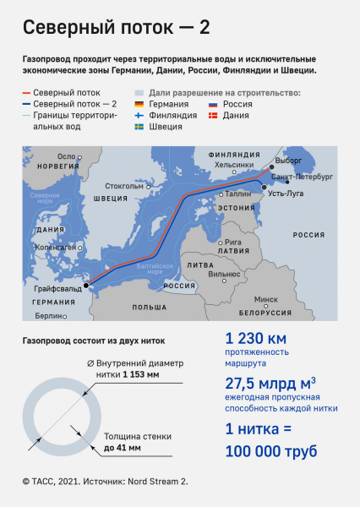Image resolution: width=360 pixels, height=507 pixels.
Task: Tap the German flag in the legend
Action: coord(140,104)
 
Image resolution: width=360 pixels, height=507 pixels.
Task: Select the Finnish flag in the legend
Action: coord(140,115)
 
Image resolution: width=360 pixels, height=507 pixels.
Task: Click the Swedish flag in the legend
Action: coord(140,126)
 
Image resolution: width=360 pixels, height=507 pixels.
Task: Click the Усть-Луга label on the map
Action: coord(289,194)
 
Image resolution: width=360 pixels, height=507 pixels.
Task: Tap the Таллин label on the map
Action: coord(238,194)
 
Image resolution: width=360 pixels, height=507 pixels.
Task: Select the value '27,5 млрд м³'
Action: coord(267,382)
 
